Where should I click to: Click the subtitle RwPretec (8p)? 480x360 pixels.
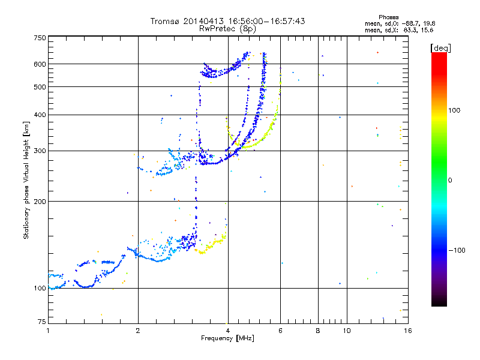[x=227, y=29]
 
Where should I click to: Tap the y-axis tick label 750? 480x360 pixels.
[x=40, y=38]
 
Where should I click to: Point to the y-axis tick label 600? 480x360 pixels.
[x=40, y=64]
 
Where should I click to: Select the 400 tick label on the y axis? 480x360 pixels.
[x=40, y=115]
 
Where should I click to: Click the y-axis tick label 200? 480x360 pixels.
[x=40, y=202]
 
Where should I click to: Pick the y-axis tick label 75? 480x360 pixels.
[x=41, y=322]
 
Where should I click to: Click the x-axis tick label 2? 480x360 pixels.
[x=138, y=331]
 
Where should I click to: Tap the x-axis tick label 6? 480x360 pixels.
[x=280, y=331]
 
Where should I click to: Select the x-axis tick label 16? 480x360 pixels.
[x=408, y=331]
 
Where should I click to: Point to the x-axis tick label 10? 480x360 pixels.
[x=347, y=331]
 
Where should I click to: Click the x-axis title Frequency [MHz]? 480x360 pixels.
[x=227, y=338]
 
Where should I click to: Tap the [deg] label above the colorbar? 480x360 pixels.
[x=440, y=48]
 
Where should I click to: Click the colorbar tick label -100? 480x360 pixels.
[x=457, y=250]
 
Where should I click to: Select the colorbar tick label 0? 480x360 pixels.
[x=449, y=181]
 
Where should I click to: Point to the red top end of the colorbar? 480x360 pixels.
[x=439, y=53]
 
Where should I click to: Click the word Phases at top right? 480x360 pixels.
[x=388, y=17]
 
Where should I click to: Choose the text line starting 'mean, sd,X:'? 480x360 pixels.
[x=399, y=31]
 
